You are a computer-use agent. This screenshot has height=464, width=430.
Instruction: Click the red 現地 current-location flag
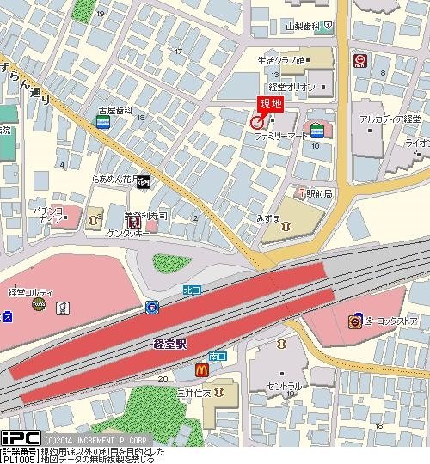coord(270,104)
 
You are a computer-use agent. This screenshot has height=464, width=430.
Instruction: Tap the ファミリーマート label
coord(279,136)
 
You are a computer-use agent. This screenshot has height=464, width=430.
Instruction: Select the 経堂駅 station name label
coord(170,343)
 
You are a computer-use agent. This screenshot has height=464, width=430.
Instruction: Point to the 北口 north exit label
coord(192,290)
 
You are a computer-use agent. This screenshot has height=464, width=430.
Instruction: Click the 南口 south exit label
coord(217,355)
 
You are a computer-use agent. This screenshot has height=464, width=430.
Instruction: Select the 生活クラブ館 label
coord(281,61)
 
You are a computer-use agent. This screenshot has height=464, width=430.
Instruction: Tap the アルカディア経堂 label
coord(384,119)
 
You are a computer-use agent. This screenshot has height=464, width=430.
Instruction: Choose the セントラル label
coord(283,387)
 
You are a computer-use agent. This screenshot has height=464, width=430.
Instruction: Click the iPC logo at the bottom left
coord(17,438)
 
